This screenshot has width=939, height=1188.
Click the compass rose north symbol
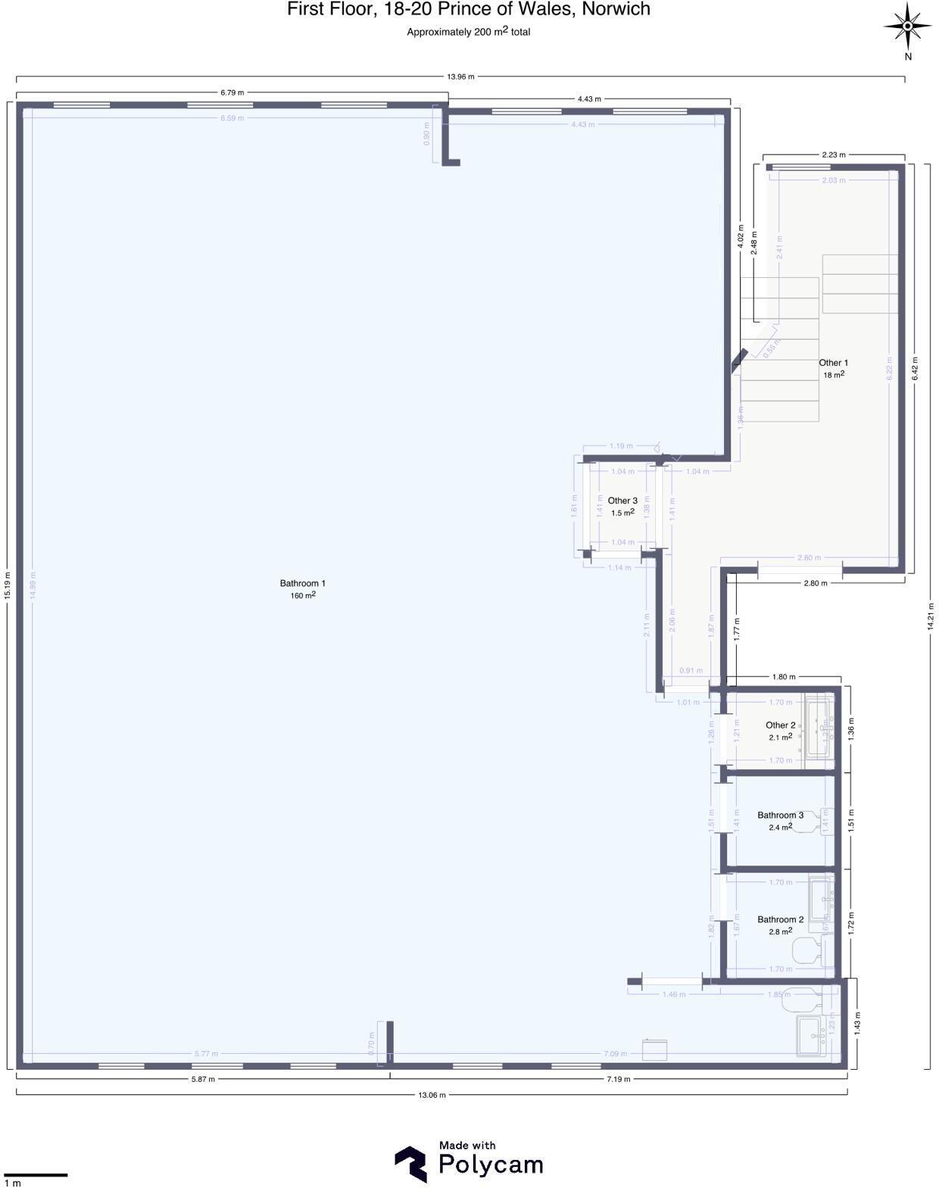[907, 27]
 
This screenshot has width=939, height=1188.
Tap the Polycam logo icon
[410, 1164]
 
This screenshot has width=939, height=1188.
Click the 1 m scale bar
[36, 1175]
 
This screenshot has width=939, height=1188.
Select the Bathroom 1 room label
[302, 583]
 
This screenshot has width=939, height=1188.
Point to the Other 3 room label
[622, 500]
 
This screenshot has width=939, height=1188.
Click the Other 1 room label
[833, 363]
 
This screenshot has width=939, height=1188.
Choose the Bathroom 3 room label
[780, 815]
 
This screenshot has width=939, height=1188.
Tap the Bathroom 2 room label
[780, 920]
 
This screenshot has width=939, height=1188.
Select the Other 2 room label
[780, 725]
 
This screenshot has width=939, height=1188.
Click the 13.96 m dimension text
[460, 76]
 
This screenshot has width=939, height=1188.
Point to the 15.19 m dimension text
[8, 585]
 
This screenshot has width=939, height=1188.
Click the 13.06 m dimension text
[432, 1095]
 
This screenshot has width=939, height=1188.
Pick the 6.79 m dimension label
[232, 92]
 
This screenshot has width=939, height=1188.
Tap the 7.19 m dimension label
[618, 1079]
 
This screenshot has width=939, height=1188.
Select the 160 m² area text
[302, 596]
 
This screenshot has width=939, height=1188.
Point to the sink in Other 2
[818, 729]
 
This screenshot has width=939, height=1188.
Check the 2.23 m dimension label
[834, 154]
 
